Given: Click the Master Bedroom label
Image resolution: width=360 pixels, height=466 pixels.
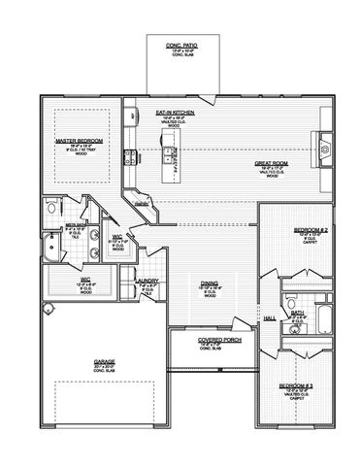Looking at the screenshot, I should tap(73, 141).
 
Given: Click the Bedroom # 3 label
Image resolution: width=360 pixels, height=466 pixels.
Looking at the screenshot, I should tap(295, 385).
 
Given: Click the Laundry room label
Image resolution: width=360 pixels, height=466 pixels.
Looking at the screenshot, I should tap(147, 282).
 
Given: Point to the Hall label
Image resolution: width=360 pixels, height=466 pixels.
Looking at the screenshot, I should tap(270, 317).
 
